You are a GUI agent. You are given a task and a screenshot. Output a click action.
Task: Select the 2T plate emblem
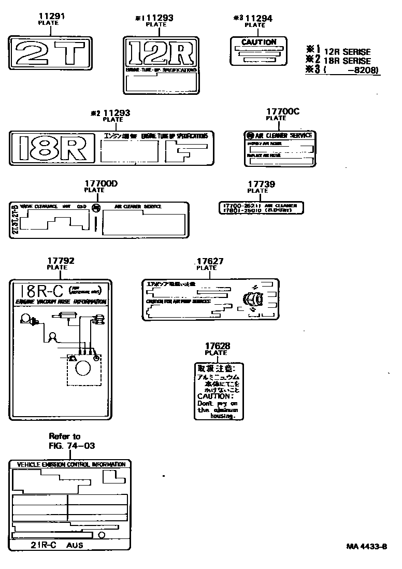click(50, 53)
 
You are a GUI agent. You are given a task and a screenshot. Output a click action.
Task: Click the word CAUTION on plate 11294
click(259, 42)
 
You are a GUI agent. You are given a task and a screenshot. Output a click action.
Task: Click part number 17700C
click(283, 111)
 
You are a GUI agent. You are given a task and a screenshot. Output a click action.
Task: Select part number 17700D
click(101, 183)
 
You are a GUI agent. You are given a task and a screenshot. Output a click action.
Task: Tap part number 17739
click(261, 184)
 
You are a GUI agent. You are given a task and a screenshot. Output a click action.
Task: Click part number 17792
click(60, 261)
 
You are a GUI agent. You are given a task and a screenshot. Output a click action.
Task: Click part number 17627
click(210, 261)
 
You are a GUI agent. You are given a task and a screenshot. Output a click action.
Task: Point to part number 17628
click(217, 346)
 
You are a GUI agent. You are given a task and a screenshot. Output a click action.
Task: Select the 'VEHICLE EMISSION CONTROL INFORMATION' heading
click(71, 464)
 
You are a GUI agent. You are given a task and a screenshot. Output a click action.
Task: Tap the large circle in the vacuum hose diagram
click(83, 368)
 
